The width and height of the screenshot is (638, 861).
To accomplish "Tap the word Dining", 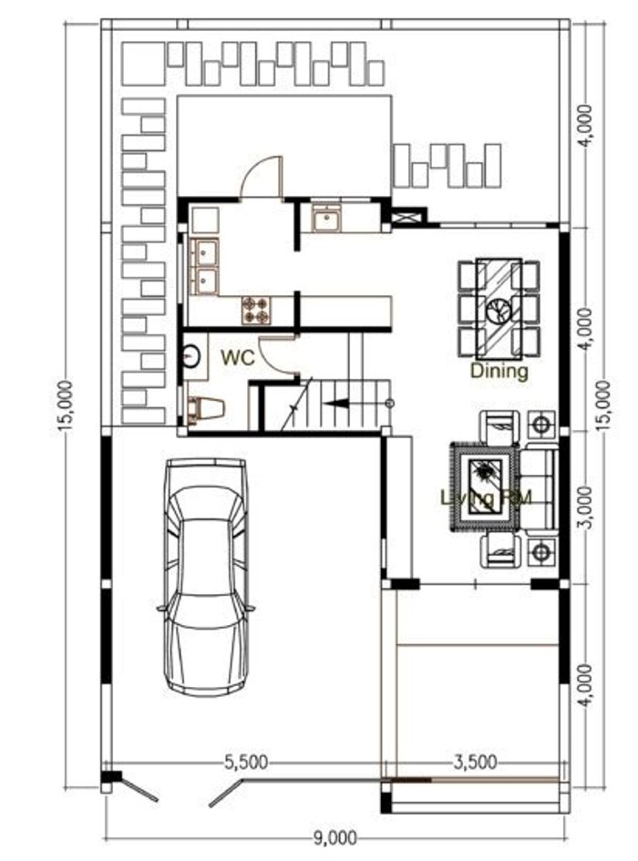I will coord(499,371).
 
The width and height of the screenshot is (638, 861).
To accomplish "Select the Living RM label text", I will coord(485,497).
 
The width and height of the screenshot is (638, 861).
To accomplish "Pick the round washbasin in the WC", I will coord(191,354).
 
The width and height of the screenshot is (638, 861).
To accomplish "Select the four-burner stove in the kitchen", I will coord(256,310).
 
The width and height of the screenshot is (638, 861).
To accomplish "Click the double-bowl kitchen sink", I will coord(204,265).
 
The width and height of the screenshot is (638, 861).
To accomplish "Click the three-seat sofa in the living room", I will coord(538,488).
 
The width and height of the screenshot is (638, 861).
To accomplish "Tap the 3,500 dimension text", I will coord(474,763).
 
